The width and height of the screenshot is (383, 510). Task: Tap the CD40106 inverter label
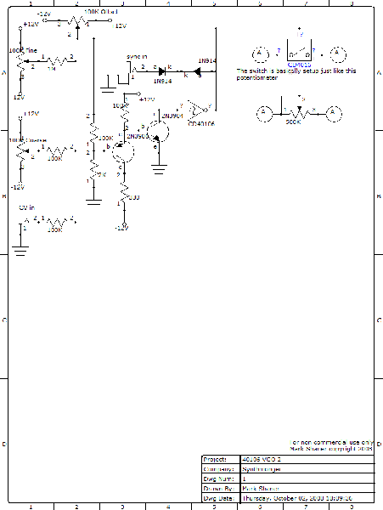click(201, 123)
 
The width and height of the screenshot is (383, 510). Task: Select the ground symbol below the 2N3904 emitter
click(158, 167)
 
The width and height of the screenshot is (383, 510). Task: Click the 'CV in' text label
click(27, 207)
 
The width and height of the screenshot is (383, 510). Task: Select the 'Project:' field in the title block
click(216, 459)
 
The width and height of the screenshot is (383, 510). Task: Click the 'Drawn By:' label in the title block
click(218, 488)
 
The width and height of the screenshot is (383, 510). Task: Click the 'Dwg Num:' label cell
click(218, 479)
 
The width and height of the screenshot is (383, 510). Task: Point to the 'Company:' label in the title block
click(218, 468)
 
